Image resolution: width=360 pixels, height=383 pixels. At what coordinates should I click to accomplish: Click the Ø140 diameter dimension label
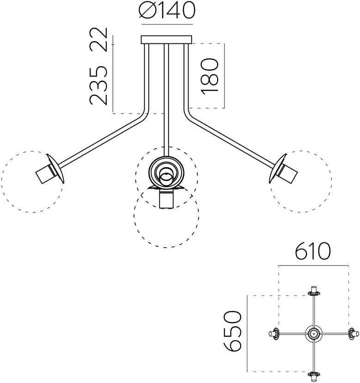[x=167, y=11]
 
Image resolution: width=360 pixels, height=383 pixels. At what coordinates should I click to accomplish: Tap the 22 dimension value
[x=98, y=39]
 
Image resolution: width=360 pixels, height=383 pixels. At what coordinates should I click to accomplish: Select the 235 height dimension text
[x=98, y=86]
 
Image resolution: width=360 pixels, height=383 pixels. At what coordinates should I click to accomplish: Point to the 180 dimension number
[x=209, y=76]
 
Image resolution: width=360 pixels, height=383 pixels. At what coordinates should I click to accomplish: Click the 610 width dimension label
[x=313, y=251]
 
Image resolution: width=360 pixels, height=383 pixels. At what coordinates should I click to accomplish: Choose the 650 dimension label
[x=232, y=331]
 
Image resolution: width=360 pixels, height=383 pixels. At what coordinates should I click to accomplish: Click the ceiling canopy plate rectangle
[x=166, y=40]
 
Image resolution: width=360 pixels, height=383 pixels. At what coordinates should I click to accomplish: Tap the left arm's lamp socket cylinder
[x=44, y=174]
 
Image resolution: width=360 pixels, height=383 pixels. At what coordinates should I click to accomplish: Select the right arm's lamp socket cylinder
[x=288, y=174]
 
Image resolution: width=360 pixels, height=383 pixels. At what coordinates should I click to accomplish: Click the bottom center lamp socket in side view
[x=166, y=200]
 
